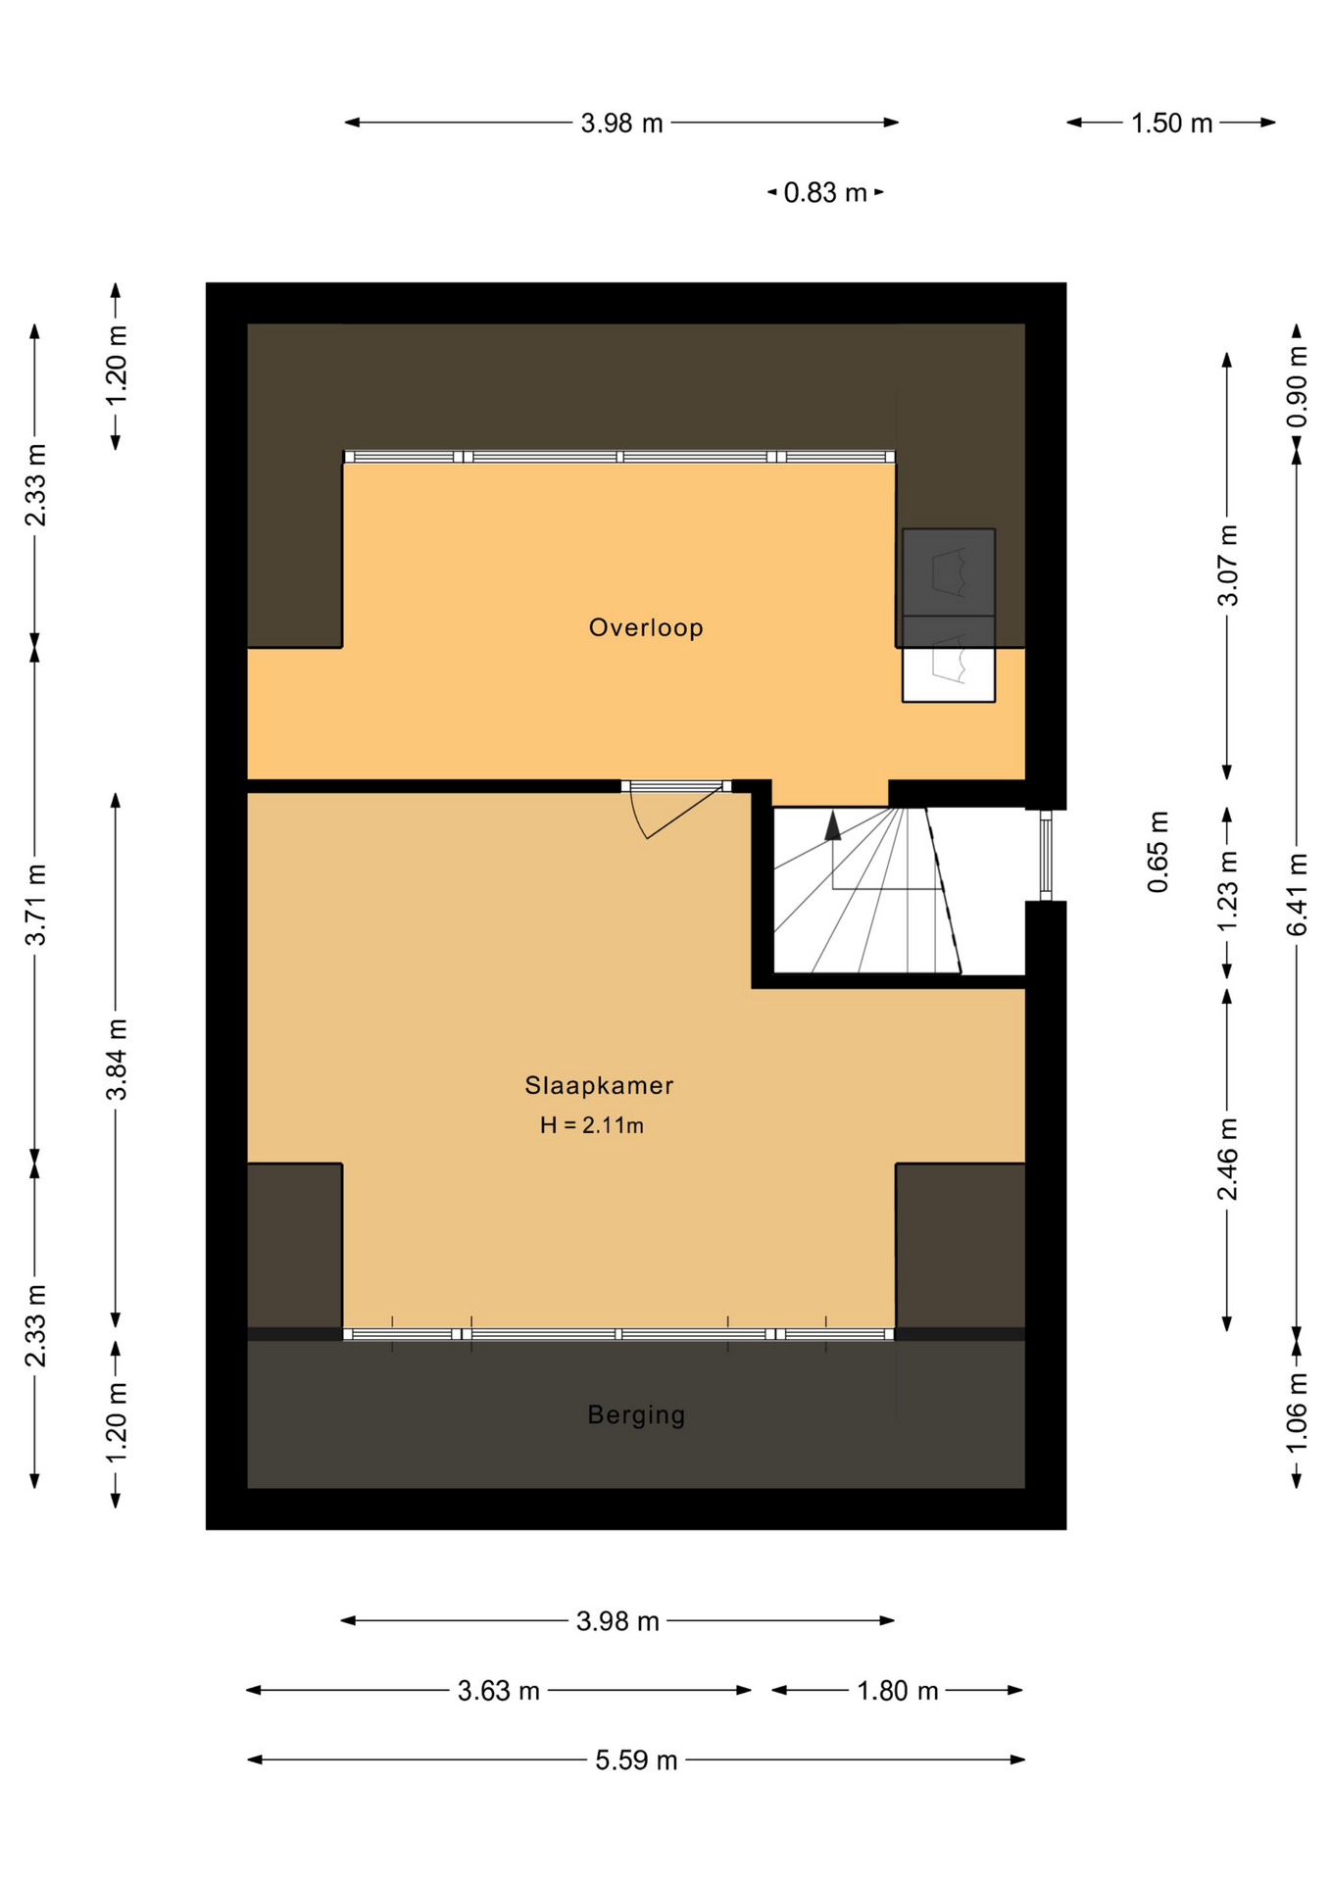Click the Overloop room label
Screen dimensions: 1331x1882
tap(646, 627)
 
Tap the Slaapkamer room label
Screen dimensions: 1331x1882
tap(599, 1085)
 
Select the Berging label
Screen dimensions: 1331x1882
tap(636, 1414)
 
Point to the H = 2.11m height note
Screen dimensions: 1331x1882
tap(592, 1125)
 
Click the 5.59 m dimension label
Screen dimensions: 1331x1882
tap(636, 1759)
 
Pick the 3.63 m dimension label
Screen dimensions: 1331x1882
tap(498, 1690)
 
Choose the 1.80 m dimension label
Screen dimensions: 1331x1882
tap(897, 1690)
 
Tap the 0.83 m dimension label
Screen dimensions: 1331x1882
tap(825, 192)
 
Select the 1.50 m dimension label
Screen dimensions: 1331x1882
tap(1171, 123)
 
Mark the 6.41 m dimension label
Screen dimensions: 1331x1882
tap(1296, 894)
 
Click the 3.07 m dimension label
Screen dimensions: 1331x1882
tap(1227, 565)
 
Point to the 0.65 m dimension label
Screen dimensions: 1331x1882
tap(1158, 852)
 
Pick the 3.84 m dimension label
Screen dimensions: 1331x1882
tap(116, 1059)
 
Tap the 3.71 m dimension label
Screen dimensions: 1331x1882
tap(35, 904)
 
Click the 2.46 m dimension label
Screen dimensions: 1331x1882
tap(1227, 1159)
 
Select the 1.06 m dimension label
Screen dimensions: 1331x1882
tap(1296, 1412)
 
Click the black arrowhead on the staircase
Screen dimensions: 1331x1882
tap(833, 825)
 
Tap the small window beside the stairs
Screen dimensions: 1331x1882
tap(1046, 854)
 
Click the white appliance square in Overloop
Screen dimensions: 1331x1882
tap(949, 673)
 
